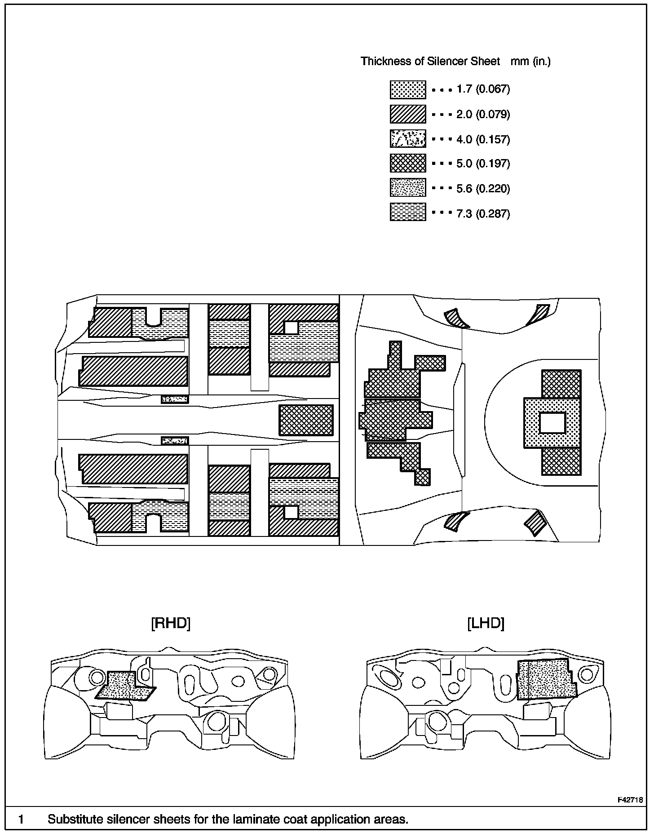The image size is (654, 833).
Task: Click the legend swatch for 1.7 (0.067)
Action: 407,90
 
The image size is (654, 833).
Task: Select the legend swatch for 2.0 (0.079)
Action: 407,114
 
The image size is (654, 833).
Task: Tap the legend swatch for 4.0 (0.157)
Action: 407,139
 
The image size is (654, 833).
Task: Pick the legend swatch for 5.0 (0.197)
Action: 407,163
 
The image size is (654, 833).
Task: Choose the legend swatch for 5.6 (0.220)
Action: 407,188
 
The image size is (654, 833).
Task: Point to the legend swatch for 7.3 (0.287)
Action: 407,212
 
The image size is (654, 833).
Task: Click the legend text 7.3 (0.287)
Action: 483,213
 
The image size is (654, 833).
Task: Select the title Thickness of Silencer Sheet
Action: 430,61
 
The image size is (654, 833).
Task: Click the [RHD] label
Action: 171,623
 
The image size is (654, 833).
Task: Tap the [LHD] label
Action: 486,623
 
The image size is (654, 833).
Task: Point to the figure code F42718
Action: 630,800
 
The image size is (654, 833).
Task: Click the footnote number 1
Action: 21,819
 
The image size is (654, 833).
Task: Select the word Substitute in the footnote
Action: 75,819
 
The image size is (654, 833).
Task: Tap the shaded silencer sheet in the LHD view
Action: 545,679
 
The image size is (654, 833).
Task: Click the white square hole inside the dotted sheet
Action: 552,423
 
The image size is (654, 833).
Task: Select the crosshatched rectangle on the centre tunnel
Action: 306,420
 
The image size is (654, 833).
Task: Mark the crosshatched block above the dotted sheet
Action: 561,384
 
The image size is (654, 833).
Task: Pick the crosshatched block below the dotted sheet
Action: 561,461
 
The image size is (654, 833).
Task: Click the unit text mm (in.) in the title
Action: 530,61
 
